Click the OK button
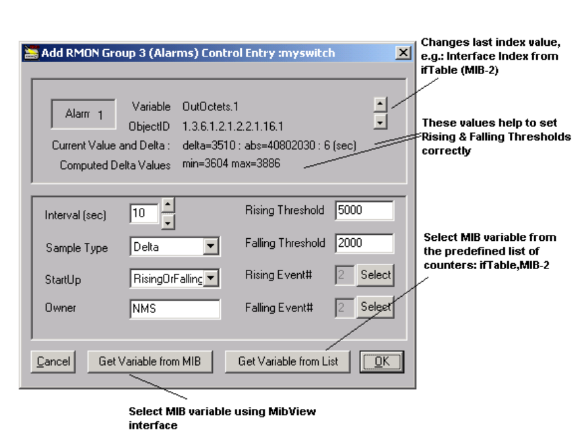pos(381,361)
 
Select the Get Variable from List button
pos(288,361)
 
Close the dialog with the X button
pos(402,52)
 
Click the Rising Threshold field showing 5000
pos(364,211)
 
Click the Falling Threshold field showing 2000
pos(364,244)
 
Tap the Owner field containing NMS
pos(174,309)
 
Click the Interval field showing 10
pos(143,213)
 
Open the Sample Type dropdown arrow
pos(212,247)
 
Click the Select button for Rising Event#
pos(375,275)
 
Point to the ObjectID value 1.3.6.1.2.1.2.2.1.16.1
pos(232,126)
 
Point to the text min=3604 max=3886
pos(231,164)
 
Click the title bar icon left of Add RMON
pos(31,52)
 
